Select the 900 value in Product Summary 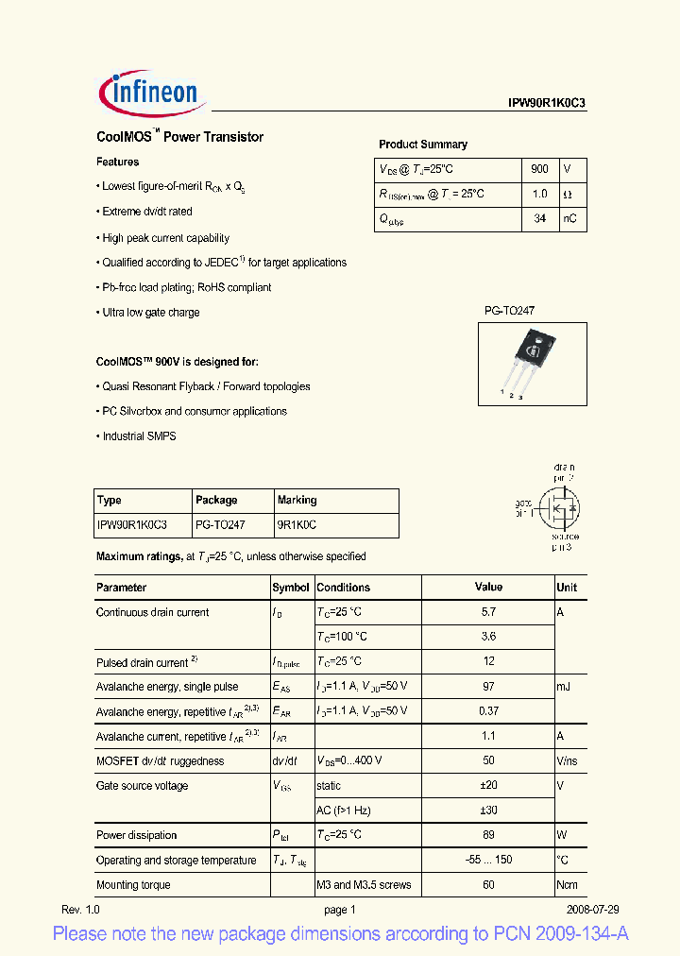pyautogui.click(x=539, y=169)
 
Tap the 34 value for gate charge pyautogui.click(x=539, y=219)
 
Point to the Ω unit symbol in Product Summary pyautogui.click(x=568, y=195)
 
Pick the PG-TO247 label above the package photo pyautogui.click(x=510, y=310)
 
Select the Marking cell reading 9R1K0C pyautogui.click(x=297, y=524)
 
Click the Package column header pyautogui.click(x=216, y=500)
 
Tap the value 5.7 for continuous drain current pyautogui.click(x=488, y=612)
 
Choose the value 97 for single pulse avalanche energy pyautogui.click(x=488, y=687)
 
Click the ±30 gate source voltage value pyautogui.click(x=488, y=810)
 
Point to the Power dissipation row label pyautogui.click(x=137, y=835)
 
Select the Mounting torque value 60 pyautogui.click(x=488, y=885)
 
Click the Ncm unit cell pyautogui.click(x=567, y=885)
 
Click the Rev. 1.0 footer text pyautogui.click(x=80, y=910)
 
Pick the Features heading pyautogui.click(x=118, y=162)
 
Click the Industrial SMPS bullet pyautogui.click(x=139, y=436)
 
